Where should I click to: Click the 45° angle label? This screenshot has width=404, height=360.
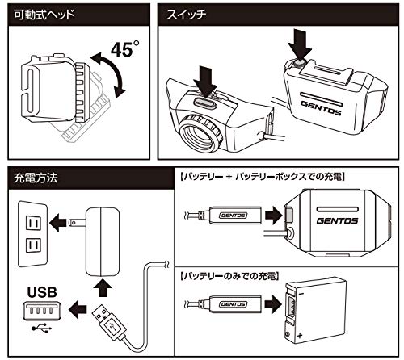(124, 48)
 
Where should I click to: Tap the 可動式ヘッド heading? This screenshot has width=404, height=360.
(44, 15)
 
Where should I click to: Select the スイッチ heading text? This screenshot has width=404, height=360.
(187, 15)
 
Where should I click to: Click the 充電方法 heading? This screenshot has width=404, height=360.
(36, 178)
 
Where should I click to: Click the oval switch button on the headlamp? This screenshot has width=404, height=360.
(204, 103)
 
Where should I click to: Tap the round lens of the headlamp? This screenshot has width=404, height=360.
(200, 133)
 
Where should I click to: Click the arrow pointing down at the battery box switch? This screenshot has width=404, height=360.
(299, 44)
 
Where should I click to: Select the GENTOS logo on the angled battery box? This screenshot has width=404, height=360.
(321, 107)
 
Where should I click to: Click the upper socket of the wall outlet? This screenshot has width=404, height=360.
(33, 223)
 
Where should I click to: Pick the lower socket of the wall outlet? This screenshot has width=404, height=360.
(33, 245)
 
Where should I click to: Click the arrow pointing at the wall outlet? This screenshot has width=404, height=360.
(58, 223)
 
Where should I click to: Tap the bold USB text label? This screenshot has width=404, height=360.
(42, 292)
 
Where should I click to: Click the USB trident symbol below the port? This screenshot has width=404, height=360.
(41, 328)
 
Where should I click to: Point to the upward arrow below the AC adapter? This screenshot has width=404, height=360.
(102, 287)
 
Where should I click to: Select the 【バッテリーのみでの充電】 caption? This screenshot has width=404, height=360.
(230, 276)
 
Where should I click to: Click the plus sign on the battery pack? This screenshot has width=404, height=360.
(300, 336)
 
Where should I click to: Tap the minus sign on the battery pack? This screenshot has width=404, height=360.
(301, 293)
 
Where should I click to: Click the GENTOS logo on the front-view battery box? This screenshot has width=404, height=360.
(337, 221)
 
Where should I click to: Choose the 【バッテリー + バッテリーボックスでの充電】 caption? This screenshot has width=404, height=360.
(263, 177)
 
